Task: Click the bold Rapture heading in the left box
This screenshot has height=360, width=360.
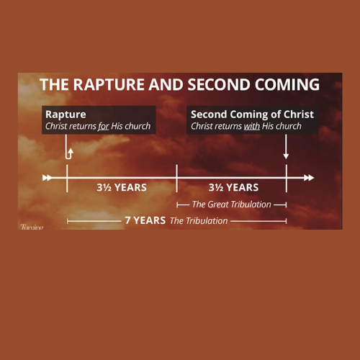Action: [x=66, y=114]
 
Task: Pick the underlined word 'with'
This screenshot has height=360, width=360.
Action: [x=251, y=126]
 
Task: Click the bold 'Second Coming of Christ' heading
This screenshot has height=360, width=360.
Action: [x=252, y=114]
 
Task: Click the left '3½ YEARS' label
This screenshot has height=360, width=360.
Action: [x=122, y=188]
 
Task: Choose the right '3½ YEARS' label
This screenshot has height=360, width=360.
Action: [x=232, y=188]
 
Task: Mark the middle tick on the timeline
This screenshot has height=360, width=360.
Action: [x=176, y=177]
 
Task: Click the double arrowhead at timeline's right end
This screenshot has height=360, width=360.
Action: [x=309, y=177]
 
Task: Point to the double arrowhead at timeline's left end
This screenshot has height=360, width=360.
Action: [x=48, y=177]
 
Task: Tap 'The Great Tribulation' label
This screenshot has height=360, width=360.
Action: [x=231, y=204]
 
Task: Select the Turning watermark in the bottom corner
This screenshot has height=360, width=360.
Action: [x=32, y=228]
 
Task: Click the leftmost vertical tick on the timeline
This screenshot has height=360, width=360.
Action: [x=67, y=177]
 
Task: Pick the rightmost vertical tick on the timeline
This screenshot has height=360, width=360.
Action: [x=286, y=177]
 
